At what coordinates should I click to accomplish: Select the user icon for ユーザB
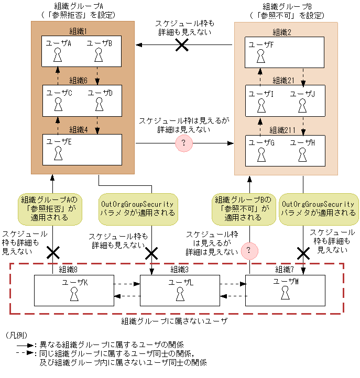tap(97, 55)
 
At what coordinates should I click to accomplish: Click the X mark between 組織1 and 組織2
tap(181, 45)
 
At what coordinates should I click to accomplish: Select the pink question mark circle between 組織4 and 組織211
tap(183, 143)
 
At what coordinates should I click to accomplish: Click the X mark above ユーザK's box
tap(52, 253)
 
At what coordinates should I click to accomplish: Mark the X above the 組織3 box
tap(151, 253)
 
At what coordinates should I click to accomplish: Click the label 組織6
tap(78, 80)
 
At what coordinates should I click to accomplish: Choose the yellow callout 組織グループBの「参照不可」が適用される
tap(244, 209)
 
